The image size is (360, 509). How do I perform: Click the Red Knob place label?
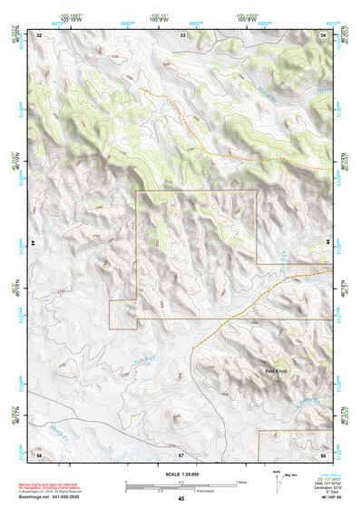[277, 371]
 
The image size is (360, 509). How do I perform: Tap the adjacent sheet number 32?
[39, 34]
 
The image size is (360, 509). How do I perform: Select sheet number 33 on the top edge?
[182, 34]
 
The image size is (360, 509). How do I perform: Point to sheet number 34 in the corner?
[324, 34]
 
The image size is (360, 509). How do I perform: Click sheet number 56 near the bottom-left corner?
[39, 454]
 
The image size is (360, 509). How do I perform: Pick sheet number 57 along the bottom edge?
[181, 454]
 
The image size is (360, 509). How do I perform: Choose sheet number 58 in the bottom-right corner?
[324, 454]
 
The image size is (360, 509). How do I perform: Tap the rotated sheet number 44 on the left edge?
[34, 244]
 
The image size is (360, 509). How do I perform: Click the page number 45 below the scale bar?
[181, 498]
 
